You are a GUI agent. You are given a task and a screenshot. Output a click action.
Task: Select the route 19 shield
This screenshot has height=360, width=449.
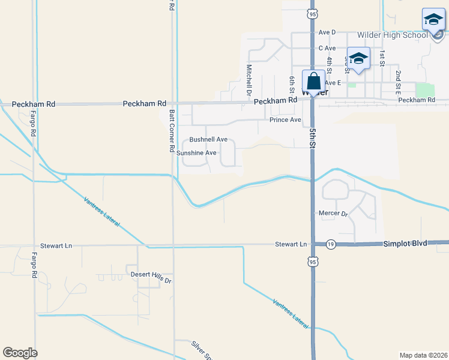(331, 244)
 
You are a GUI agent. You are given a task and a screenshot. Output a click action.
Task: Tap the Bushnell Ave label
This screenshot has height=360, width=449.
(208, 139)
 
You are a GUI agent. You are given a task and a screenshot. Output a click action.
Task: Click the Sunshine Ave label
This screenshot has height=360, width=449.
(196, 153)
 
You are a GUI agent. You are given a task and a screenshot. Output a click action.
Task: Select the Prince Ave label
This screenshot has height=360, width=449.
(285, 120)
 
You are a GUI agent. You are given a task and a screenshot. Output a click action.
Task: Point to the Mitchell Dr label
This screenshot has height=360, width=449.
(249, 80)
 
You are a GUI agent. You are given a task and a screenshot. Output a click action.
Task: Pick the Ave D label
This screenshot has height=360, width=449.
(327, 32)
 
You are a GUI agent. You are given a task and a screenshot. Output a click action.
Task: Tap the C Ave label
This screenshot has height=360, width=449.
(327, 48)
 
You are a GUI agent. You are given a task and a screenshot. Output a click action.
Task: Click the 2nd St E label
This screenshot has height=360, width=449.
(398, 81)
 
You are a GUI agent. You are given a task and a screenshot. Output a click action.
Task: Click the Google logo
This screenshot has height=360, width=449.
(20, 353)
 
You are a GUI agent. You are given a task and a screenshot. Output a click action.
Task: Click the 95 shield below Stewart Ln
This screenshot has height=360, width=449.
(312, 262)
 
